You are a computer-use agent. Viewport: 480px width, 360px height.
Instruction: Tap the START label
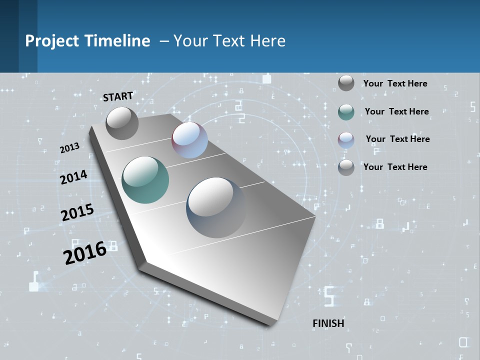point(118,96)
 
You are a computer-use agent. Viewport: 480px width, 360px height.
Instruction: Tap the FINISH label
point(328,323)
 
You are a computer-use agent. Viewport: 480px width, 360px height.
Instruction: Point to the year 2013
point(69,148)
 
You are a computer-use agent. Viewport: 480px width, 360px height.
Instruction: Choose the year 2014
point(73,177)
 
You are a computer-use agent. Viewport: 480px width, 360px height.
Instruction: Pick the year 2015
point(77,212)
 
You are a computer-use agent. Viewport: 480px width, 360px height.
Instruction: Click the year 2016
point(85,253)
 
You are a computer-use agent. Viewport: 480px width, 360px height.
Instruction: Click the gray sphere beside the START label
point(122,123)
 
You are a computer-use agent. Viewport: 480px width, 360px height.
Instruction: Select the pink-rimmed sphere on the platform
point(189,140)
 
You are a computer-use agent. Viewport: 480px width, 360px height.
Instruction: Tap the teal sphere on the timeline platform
point(145,180)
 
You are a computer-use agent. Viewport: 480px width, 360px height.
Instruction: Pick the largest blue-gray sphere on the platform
point(216,207)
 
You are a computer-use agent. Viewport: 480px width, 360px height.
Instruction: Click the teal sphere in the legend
point(346,112)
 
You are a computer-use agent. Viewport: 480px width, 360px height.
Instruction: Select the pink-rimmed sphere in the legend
point(346,139)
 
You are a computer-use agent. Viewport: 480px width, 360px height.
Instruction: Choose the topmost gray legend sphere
point(346,83)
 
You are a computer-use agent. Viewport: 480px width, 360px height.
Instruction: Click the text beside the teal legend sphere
point(396,111)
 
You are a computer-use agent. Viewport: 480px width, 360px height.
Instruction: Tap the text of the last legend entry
point(395,167)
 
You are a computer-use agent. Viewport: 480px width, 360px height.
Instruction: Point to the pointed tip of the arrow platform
point(272,324)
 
